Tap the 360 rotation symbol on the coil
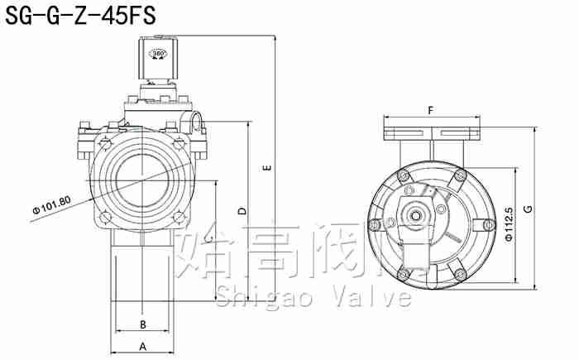pyautogui.click(x=158, y=55)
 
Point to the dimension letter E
pyautogui.click(x=266, y=168)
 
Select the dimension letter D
pyautogui.click(x=242, y=211)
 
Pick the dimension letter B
pyautogui.click(x=142, y=324)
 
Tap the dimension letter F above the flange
pyautogui.click(x=431, y=110)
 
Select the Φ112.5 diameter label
pyautogui.click(x=508, y=224)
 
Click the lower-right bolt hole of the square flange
pyautogui.click(x=181, y=218)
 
